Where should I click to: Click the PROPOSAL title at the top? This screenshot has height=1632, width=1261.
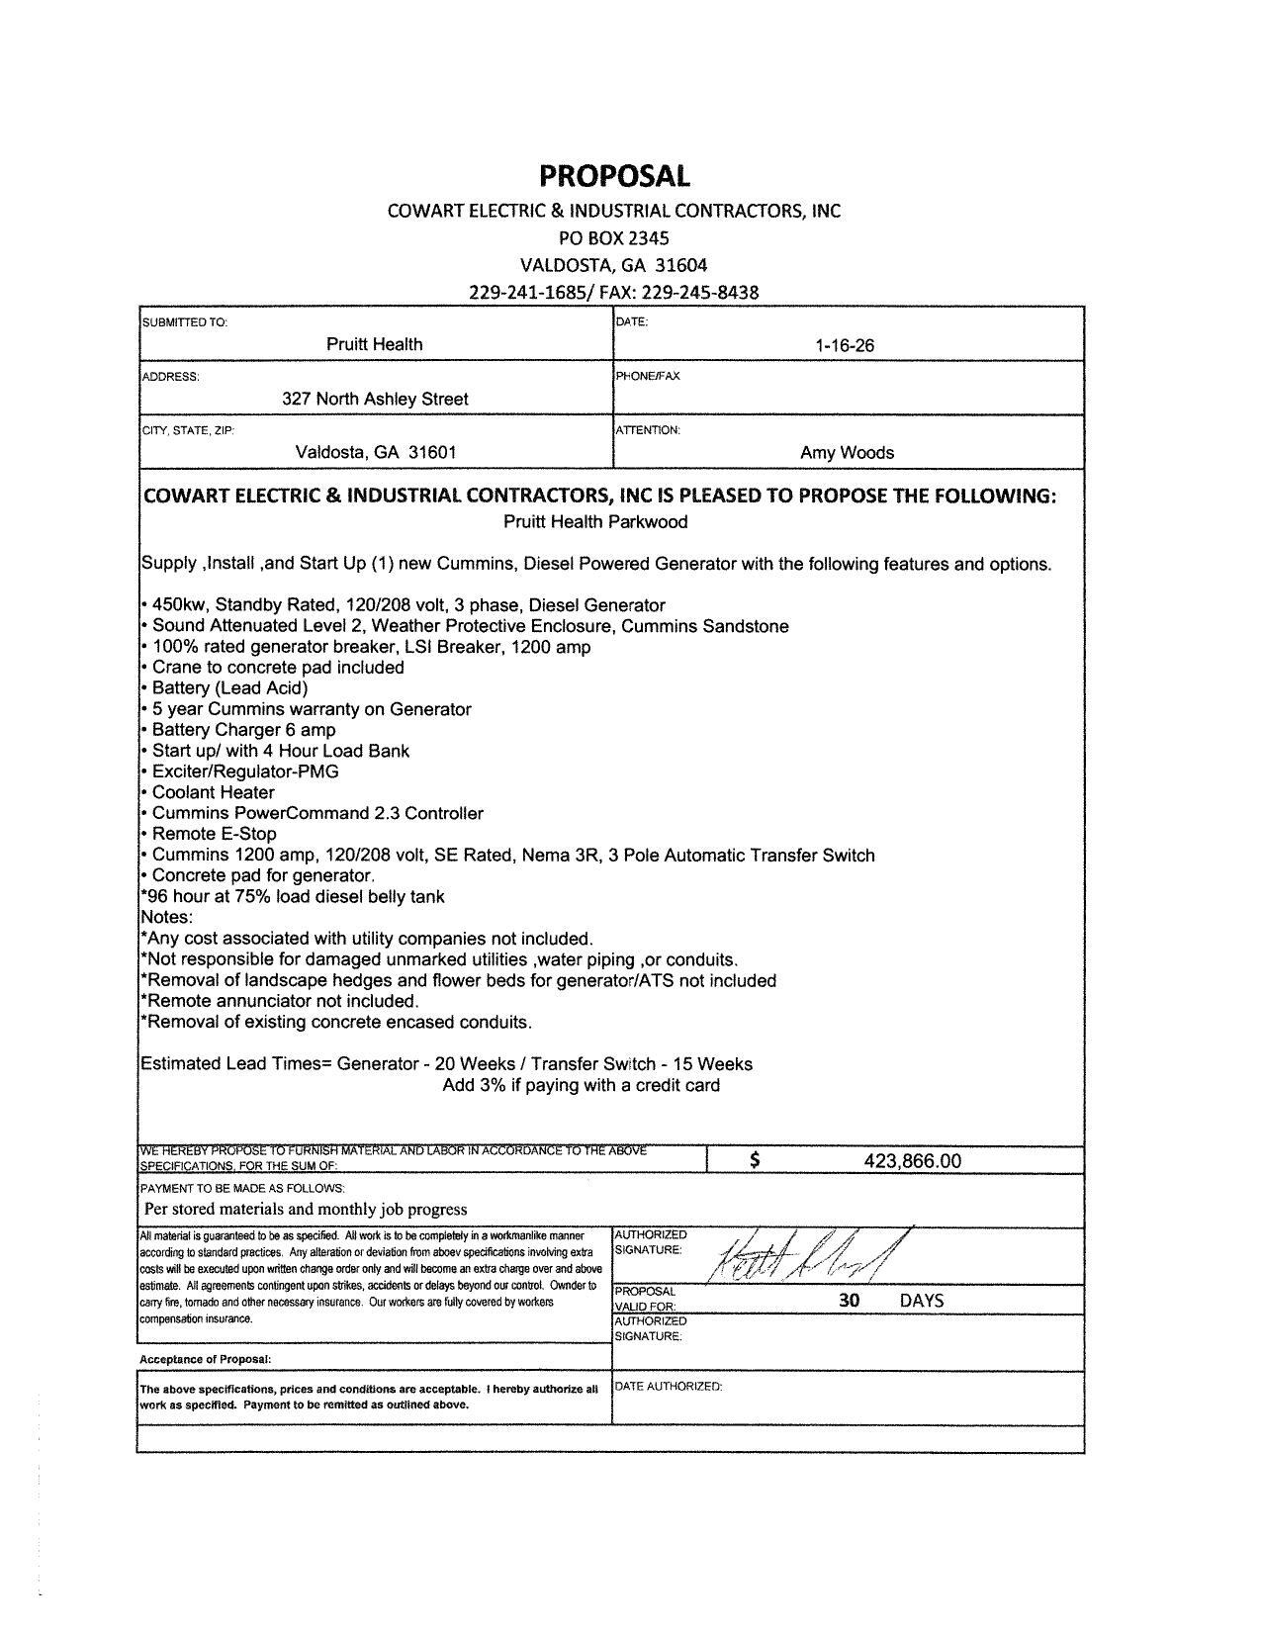point(613,176)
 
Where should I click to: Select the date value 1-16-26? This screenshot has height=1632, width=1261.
point(845,345)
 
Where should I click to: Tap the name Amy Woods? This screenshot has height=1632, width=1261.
point(847,453)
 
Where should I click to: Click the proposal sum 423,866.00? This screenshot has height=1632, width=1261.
point(912,1161)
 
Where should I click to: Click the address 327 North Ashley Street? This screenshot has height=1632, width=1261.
point(375,399)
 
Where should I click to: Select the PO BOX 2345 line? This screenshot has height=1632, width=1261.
point(613,238)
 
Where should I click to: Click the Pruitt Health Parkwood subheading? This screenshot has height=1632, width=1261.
point(595,521)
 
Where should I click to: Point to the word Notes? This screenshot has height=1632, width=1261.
point(166,917)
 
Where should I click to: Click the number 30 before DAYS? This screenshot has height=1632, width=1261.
point(849,1301)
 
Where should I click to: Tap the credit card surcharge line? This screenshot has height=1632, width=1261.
point(581,1085)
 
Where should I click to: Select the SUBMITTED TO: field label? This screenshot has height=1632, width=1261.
point(185,322)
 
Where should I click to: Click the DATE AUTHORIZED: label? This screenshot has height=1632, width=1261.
point(669,1386)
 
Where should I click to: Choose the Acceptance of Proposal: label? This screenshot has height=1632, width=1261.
point(206,1359)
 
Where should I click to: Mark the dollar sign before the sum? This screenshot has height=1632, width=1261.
point(755,1161)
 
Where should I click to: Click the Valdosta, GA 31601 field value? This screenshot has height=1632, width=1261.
point(376,453)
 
